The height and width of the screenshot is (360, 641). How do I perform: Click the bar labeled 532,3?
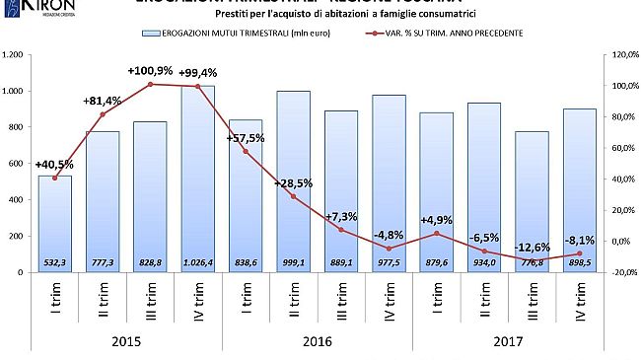coord(55,222)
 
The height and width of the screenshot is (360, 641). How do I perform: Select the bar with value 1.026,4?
coord(198,178)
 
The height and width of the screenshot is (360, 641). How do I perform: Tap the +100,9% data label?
coord(151,72)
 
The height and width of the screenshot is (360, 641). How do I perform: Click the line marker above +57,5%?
coord(246,151)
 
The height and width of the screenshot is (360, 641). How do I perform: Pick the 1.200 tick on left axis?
coord(13,55)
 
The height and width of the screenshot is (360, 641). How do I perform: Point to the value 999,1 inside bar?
coord(293,261)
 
